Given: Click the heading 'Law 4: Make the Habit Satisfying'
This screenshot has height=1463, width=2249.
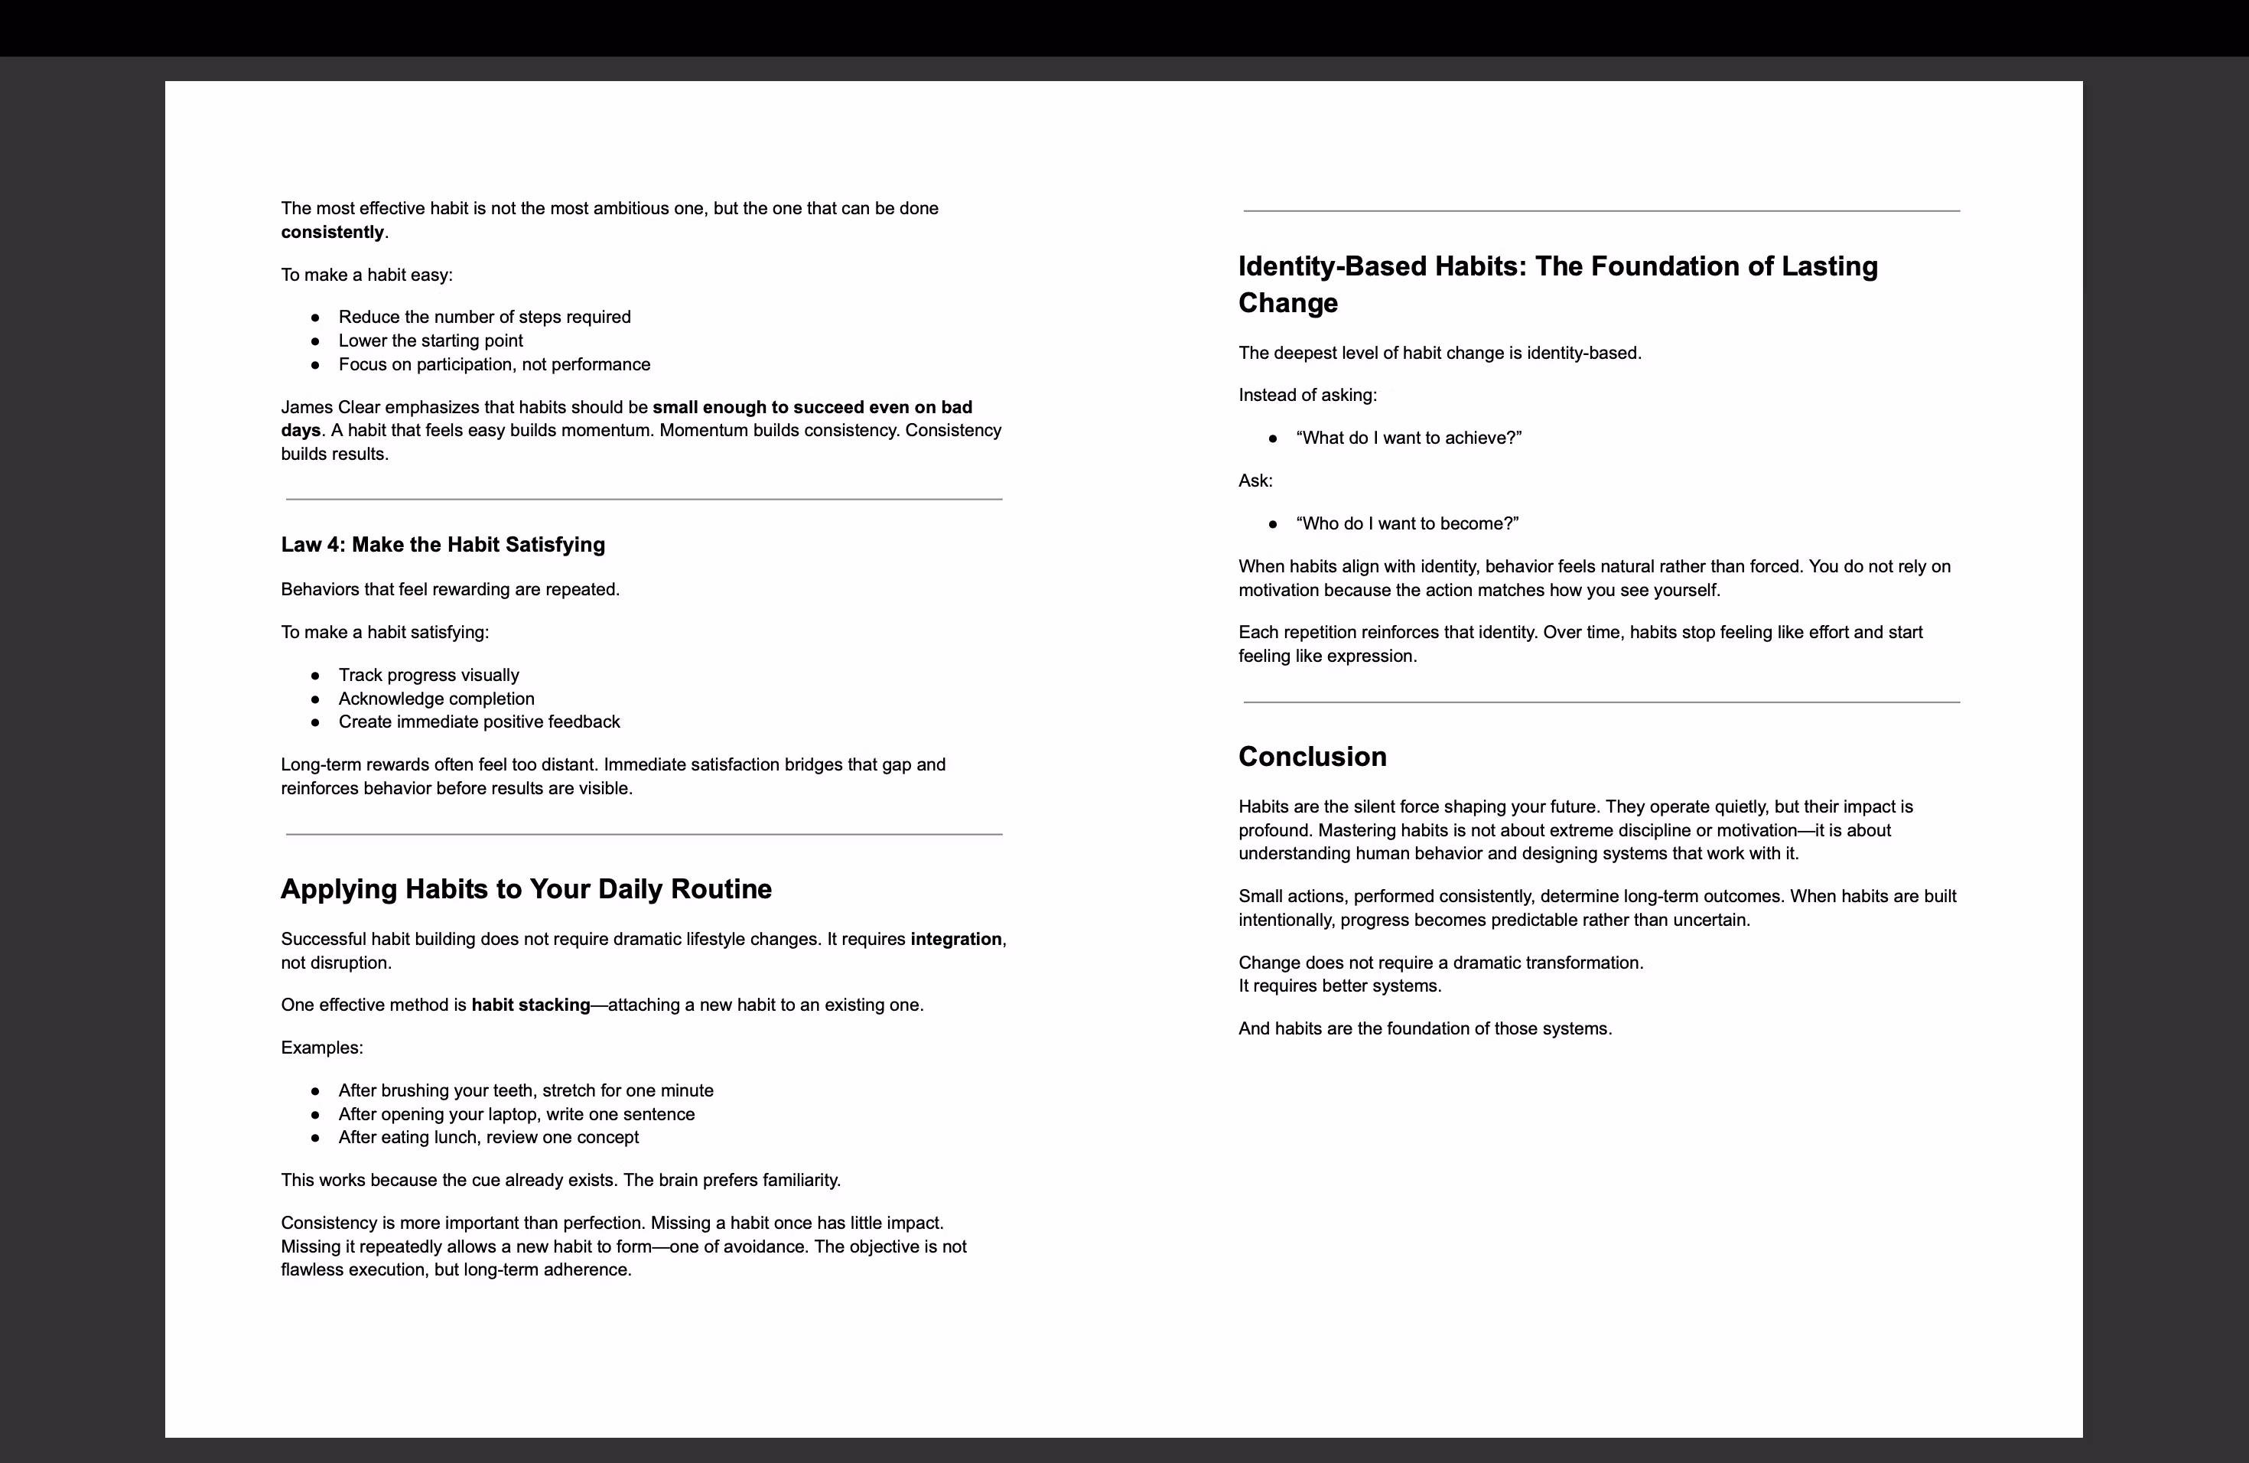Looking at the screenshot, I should pos(442,544).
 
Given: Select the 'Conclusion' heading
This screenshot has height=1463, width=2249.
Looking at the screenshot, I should pos(1312,756).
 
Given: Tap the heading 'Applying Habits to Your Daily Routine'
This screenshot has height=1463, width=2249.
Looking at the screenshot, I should pos(526,888).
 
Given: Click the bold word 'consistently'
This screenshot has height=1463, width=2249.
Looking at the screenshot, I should pos(332,233).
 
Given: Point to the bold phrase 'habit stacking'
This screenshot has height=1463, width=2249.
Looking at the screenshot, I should pos(530,1005).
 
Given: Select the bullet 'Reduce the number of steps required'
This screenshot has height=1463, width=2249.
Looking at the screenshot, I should pos(483,317).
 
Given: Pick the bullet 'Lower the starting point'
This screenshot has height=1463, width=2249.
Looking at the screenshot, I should pos(430,340).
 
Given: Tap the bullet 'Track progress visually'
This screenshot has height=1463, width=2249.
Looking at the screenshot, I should pos(428,675).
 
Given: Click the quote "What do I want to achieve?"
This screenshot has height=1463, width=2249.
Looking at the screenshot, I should pos(1408,438).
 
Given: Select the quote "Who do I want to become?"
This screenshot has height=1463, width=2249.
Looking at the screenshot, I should pos(1407,523).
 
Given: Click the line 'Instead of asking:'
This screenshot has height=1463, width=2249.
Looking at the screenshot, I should pos(1307,395).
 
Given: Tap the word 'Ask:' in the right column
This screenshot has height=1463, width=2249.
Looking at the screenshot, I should pos(1255,481).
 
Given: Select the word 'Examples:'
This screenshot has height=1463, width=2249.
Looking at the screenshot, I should pos(321,1048).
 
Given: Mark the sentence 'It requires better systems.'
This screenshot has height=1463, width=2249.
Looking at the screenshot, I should pos(1339,986).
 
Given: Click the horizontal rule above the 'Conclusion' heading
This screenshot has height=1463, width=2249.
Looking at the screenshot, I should pos(1601,702).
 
